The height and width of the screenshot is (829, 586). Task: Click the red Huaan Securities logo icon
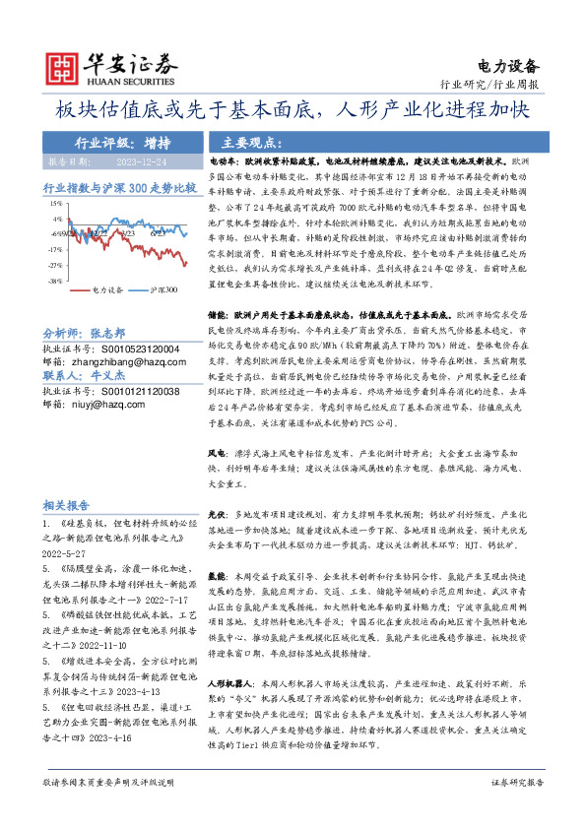[x=63, y=68]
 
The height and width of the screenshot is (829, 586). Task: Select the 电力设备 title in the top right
[x=508, y=66]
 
